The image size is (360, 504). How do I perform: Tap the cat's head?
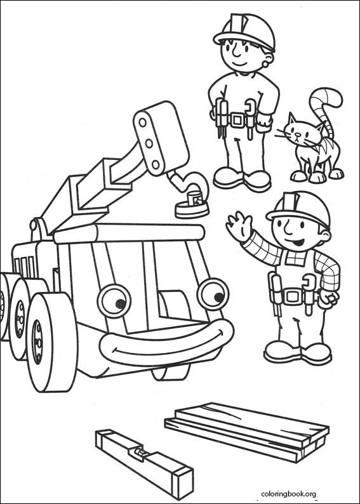[299, 133]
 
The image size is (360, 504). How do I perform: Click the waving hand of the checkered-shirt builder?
[239, 226]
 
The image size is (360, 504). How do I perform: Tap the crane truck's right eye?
[212, 293]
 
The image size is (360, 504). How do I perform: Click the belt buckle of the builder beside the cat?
[239, 119]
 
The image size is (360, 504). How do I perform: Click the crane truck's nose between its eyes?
[167, 305]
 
